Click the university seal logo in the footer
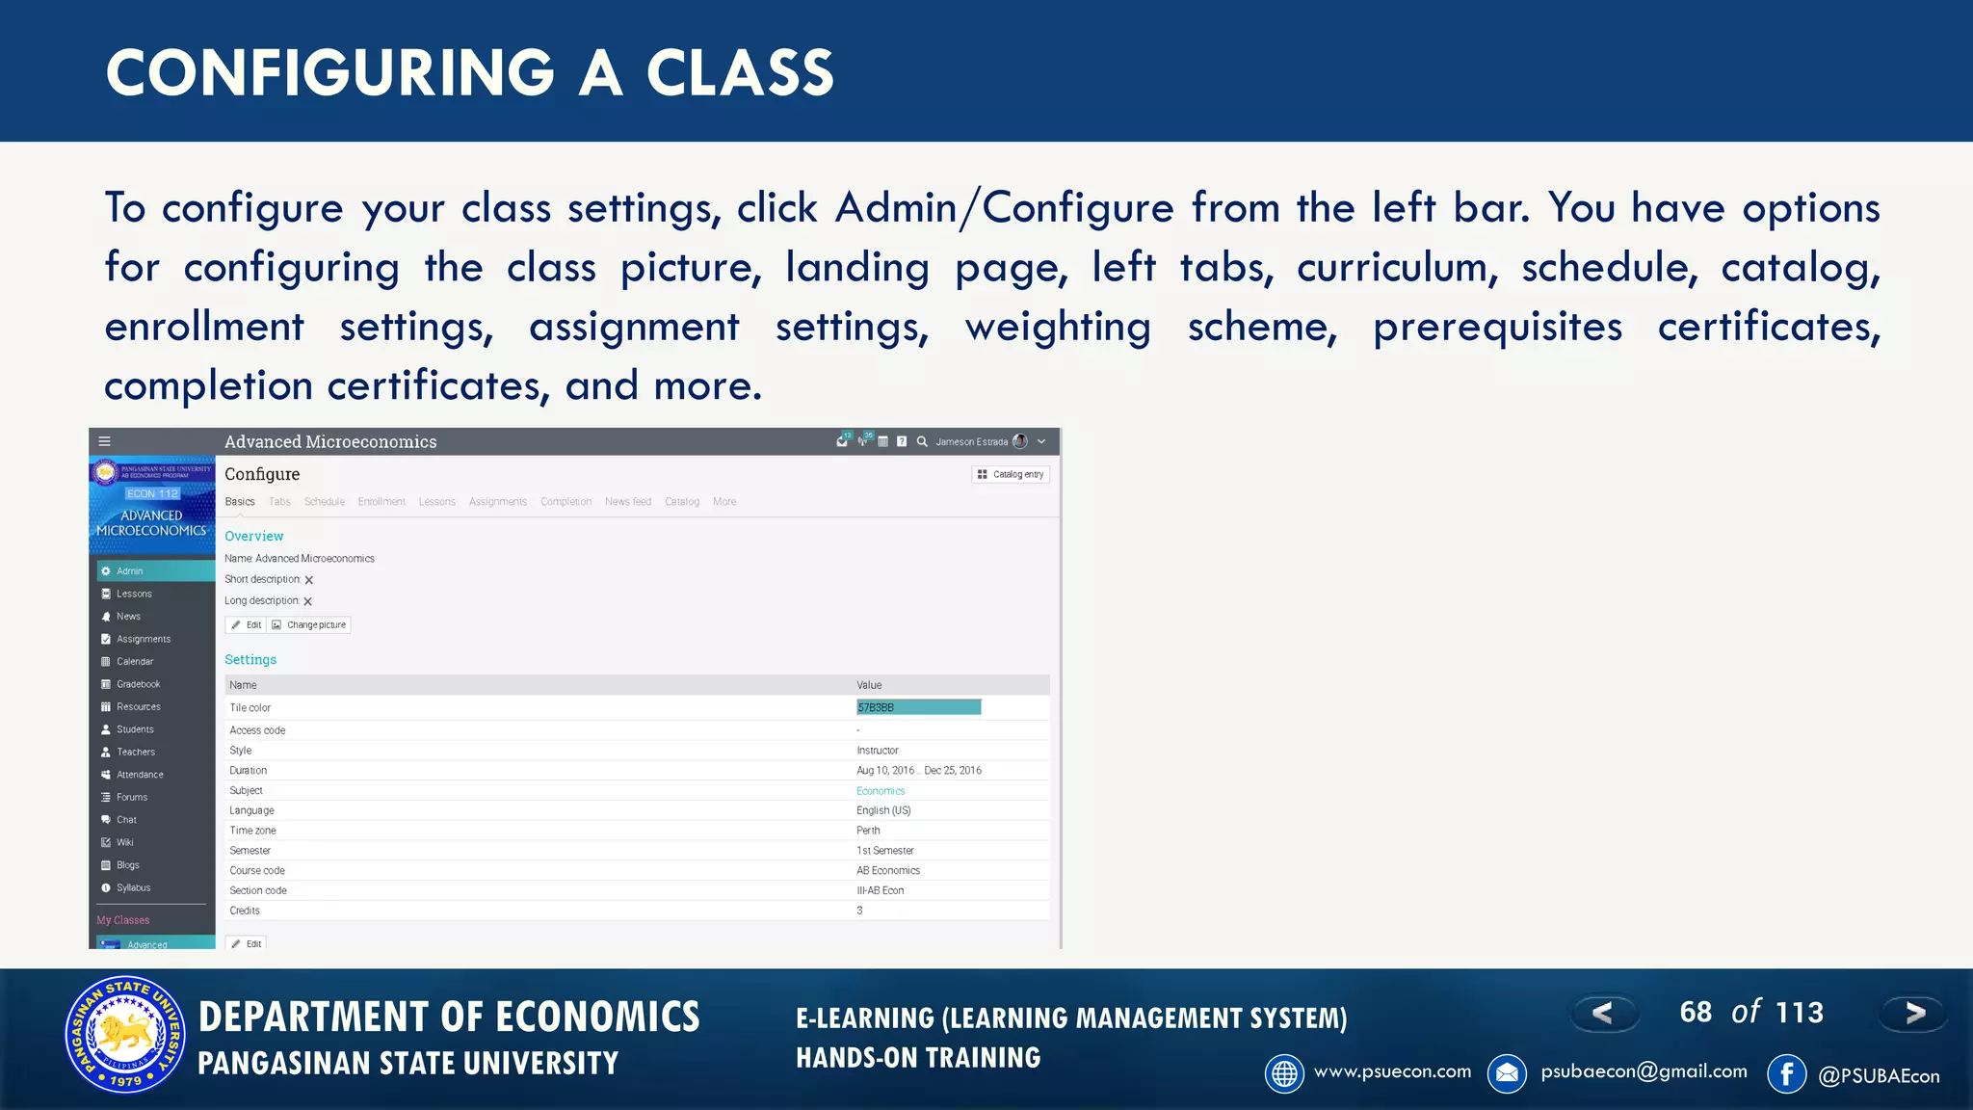124,1035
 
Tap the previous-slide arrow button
1603,1013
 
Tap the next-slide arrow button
1913,1013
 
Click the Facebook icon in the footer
1786,1073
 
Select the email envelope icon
1507,1073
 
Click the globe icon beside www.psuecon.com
1284,1073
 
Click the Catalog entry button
1010,474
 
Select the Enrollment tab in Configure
381,502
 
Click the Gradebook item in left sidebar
138,684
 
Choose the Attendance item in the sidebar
140,775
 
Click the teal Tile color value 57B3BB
918,707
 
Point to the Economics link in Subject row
881,791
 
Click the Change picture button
309,625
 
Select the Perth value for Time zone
868,831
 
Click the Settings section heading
250,660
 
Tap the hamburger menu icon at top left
105,441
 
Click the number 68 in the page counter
1696,1013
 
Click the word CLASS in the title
739,73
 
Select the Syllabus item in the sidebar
133,888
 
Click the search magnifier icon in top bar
922,441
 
